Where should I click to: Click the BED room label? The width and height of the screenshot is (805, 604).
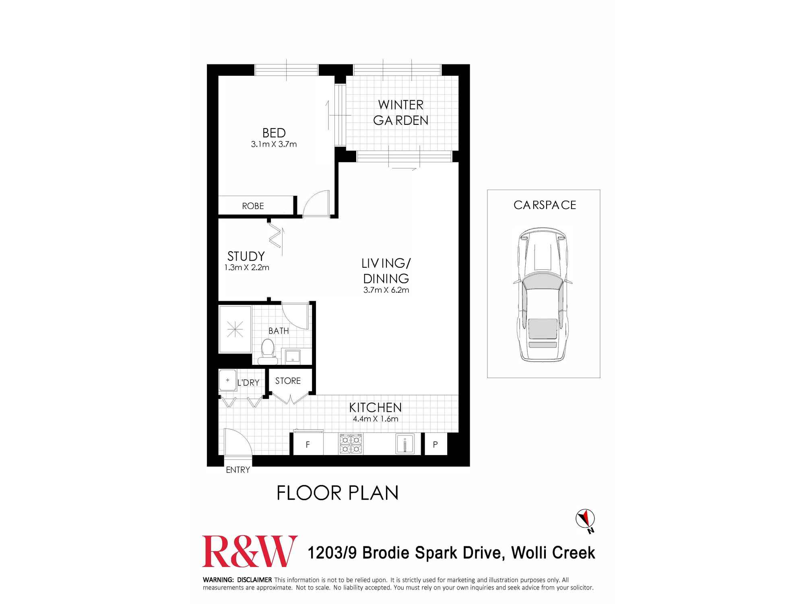274,132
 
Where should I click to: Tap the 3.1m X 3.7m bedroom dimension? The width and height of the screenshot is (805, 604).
274,144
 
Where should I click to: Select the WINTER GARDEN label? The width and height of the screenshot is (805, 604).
400,112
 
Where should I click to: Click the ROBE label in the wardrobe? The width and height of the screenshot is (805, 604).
253,206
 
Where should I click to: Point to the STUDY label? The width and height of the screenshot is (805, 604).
246,256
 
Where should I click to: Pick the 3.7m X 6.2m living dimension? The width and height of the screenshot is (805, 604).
386,290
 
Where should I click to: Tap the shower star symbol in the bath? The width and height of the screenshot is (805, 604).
235,330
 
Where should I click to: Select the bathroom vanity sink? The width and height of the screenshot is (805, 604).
292,356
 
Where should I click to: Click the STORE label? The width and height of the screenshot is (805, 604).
288,381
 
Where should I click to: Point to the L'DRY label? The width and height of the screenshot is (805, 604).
248,383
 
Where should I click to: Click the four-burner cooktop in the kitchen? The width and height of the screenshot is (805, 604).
351,444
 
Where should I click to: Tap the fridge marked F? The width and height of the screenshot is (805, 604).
308,445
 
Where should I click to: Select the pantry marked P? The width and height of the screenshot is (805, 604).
435,445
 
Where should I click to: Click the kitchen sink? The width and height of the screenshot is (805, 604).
405,444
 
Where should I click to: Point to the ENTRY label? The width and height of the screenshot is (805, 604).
238,470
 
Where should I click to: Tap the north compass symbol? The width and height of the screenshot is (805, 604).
586,520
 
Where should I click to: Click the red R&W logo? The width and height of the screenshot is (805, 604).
250,551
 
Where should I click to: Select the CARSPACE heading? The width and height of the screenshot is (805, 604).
545,205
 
